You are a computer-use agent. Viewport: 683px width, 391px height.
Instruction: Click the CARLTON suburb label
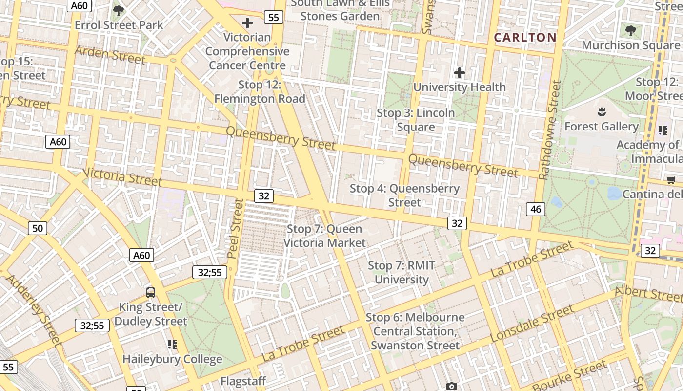525,38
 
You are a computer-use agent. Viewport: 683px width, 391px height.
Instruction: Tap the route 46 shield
536,209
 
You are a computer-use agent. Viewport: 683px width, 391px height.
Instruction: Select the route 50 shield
38,228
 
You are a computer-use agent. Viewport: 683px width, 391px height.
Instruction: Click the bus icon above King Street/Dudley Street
151,293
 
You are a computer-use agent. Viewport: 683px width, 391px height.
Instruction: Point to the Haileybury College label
172,359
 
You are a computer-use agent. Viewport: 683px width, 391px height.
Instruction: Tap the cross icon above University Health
459,73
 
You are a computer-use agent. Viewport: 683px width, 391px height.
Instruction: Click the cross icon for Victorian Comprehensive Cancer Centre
247,23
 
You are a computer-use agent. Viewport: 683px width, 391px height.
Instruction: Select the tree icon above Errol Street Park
118,10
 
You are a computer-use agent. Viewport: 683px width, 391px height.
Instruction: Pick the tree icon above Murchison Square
630,31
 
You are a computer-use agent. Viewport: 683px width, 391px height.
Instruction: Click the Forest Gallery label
601,126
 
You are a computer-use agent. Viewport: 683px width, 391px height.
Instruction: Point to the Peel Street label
235,228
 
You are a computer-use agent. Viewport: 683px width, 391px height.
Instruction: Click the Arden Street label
110,55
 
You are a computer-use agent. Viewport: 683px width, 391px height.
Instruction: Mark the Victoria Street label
122,177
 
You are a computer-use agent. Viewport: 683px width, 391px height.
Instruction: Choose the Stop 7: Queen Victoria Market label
324,236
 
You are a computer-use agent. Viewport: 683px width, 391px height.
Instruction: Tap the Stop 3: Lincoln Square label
416,120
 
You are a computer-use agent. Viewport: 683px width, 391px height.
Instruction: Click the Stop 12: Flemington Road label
260,91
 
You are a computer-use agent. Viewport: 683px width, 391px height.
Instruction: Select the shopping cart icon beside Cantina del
671,180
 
